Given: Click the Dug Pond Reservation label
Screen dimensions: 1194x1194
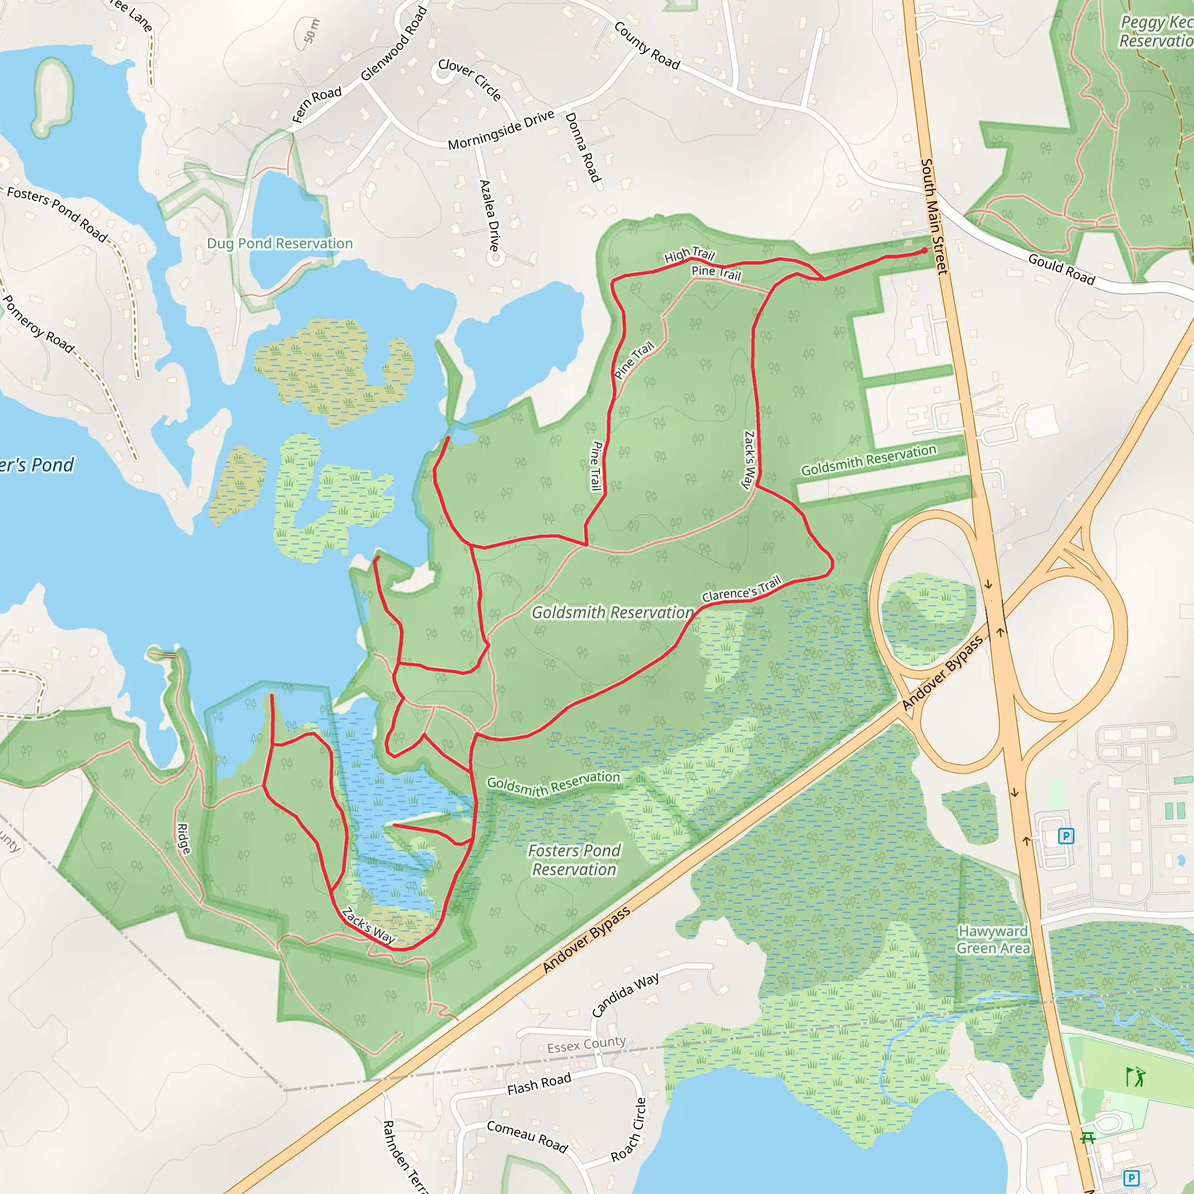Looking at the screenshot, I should click(280, 244).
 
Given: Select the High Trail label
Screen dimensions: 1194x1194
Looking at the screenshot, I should click(689, 254).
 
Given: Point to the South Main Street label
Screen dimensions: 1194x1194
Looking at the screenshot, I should click(934, 216).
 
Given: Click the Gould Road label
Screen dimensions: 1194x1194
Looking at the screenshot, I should click(1061, 269).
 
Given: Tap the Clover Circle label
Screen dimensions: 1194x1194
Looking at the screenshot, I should click(470, 79).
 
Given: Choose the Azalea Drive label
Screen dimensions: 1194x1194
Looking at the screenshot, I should click(489, 215).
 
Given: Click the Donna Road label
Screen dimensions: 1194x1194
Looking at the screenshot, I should click(583, 147).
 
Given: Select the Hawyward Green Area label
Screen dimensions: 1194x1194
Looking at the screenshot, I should click(992, 939).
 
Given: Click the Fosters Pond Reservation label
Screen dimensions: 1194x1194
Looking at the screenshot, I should click(574, 860).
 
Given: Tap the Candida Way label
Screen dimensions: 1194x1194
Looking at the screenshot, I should click(626, 995).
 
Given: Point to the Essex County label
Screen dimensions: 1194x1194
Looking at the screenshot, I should click(587, 1044).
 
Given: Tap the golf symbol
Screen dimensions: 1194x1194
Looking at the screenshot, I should click(1135, 1077).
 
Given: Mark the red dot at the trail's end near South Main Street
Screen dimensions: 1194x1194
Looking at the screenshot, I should click(925, 250).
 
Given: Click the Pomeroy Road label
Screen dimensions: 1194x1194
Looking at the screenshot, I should click(38, 324).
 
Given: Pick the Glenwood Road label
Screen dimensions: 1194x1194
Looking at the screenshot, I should click(394, 43).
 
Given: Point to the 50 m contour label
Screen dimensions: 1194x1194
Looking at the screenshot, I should click(311, 31).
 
